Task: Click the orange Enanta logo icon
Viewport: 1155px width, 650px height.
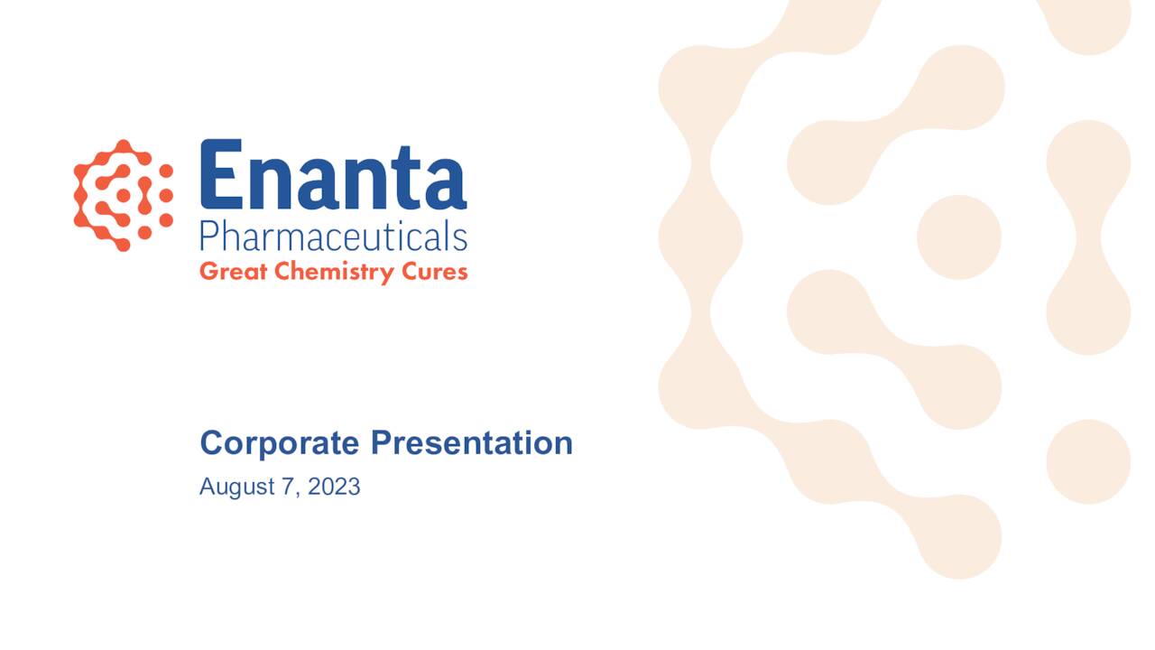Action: (124, 194)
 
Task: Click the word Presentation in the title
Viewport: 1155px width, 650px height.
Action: (472, 443)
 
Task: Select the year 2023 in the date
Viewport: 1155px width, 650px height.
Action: (334, 487)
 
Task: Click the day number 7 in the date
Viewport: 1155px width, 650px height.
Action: (290, 487)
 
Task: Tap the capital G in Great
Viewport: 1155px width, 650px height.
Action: (208, 271)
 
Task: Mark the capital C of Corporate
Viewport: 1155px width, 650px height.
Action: (211, 443)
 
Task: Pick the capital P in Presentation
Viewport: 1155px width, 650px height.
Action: (380, 443)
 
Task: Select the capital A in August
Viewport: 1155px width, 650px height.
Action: (206, 487)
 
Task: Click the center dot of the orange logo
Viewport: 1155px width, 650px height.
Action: (124, 195)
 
